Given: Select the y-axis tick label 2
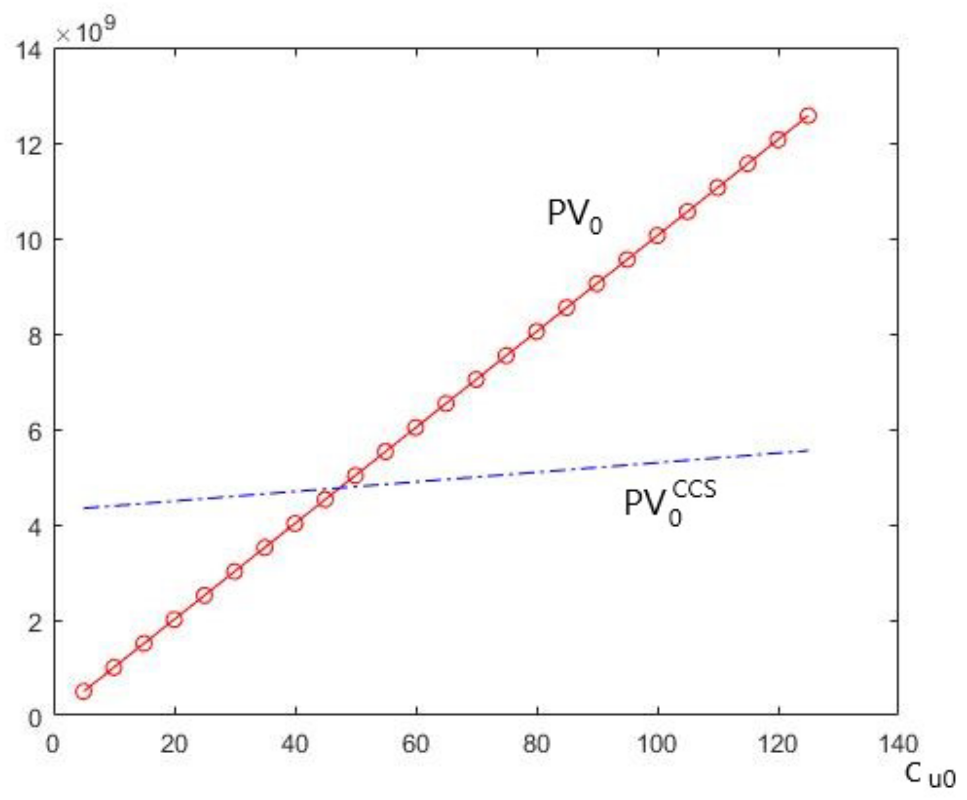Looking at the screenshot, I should (x=35, y=622).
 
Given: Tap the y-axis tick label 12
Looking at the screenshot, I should (x=29, y=146).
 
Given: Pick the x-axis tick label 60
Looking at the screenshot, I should (x=415, y=744).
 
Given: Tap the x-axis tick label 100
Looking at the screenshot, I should (x=657, y=744).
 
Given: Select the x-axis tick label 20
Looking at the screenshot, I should (x=174, y=744).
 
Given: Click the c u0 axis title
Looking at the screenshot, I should (x=929, y=775).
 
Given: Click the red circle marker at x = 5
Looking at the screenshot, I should (x=83, y=691).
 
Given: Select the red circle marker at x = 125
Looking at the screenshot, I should (x=808, y=116).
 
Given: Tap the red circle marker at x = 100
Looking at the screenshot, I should (x=657, y=236).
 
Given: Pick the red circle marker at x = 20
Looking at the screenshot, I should (x=174, y=619).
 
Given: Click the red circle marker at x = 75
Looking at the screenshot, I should (x=506, y=356).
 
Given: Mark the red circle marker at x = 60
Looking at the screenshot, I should (x=415, y=427).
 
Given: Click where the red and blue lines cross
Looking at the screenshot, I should (x=342, y=488).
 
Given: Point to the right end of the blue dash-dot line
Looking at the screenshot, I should (x=808, y=451).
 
